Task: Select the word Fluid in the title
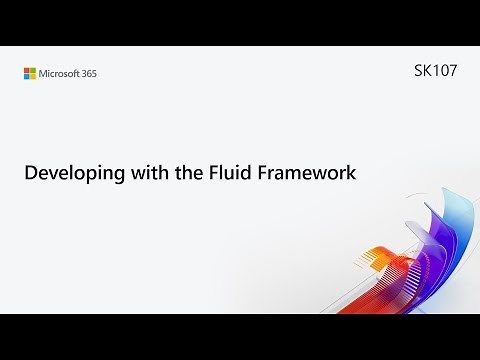pyautogui.click(x=222, y=172)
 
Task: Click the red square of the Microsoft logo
pyautogui.click(x=27, y=69)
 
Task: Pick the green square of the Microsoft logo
pyautogui.click(x=33, y=69)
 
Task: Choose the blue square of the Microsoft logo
pyautogui.click(x=27, y=76)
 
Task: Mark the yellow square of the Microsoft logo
pyautogui.click(x=33, y=76)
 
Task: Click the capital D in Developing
pyautogui.click(x=30, y=172)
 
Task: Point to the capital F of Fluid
pyautogui.click(x=205, y=172)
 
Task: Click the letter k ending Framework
pyautogui.click(x=351, y=172)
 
